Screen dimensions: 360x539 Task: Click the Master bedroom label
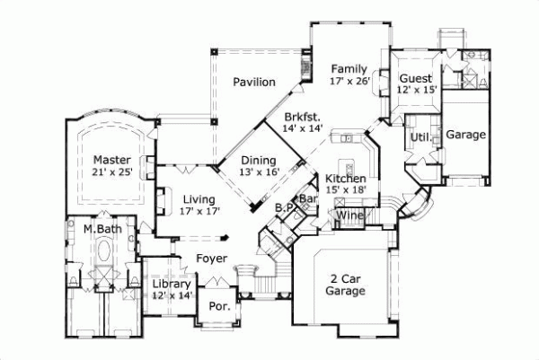pyautogui.click(x=111, y=161)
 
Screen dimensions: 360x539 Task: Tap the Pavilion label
pyautogui.click(x=254, y=83)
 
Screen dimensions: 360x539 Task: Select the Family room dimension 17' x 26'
pyautogui.click(x=349, y=82)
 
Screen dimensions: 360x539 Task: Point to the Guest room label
pyautogui.click(x=416, y=78)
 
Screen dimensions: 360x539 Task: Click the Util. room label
pyautogui.click(x=419, y=137)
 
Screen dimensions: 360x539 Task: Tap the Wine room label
pyautogui.click(x=349, y=215)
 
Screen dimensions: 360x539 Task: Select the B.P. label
pyautogui.click(x=284, y=207)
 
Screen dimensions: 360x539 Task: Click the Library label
pyautogui.click(x=172, y=285)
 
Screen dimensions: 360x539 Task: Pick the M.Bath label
pyautogui.click(x=102, y=230)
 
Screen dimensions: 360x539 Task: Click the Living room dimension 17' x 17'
pyautogui.click(x=199, y=212)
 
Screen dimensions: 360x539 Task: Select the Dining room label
pyautogui.click(x=257, y=161)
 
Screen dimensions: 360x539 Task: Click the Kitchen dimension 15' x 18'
pyautogui.click(x=346, y=189)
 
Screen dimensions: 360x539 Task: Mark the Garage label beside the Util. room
pyautogui.click(x=465, y=136)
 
